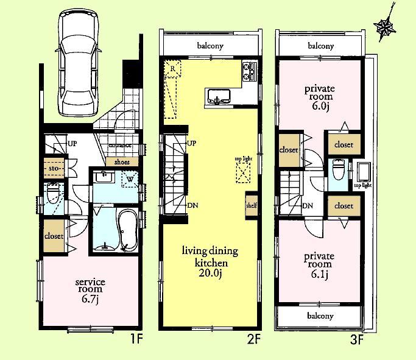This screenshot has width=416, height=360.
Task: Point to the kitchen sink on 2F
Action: [218, 96]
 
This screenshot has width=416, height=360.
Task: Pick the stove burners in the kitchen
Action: [249, 72]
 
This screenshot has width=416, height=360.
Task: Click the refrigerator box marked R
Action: [173, 70]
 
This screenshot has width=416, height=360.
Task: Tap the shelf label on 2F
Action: [251, 205]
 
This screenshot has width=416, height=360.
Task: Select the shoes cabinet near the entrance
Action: [121, 162]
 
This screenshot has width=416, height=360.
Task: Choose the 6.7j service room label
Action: [90, 286]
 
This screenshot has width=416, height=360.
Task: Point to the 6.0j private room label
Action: [320, 96]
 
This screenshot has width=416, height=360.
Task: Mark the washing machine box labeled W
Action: [129, 179]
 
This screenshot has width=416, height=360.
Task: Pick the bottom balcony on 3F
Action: [320, 316]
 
